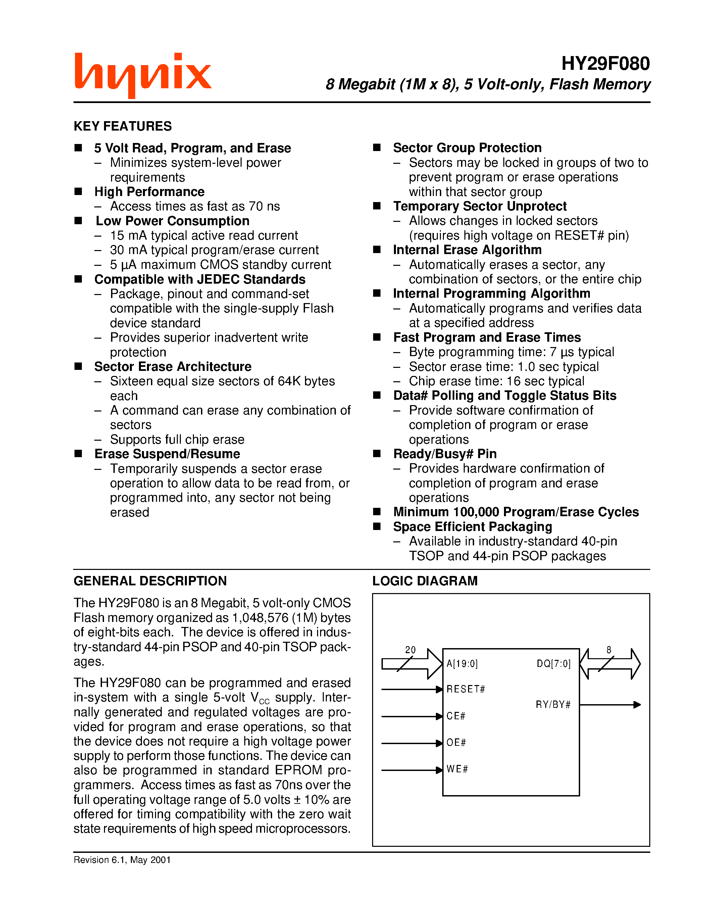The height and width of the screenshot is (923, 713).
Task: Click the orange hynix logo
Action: (x=143, y=75)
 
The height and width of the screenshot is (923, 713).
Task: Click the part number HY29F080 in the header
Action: (x=605, y=64)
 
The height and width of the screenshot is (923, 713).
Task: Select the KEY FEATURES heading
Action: (x=122, y=126)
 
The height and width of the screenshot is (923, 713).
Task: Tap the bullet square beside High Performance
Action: (x=78, y=191)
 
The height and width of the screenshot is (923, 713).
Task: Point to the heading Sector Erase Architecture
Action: (x=172, y=367)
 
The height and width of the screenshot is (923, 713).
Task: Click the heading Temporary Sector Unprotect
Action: (x=479, y=206)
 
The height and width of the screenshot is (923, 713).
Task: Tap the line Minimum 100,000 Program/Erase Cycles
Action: (x=515, y=512)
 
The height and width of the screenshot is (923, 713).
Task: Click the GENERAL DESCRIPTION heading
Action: (x=150, y=581)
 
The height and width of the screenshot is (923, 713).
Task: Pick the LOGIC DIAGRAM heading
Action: (x=424, y=581)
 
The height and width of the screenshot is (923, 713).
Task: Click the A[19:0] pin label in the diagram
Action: (x=462, y=664)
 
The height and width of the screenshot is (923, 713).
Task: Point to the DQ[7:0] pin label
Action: (x=553, y=664)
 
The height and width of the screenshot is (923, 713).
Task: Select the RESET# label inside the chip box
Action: (x=465, y=689)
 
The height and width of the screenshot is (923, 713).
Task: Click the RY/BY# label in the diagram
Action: (x=553, y=705)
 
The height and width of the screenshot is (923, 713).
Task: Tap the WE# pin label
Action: (x=457, y=769)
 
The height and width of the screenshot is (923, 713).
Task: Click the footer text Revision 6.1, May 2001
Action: (x=122, y=860)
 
